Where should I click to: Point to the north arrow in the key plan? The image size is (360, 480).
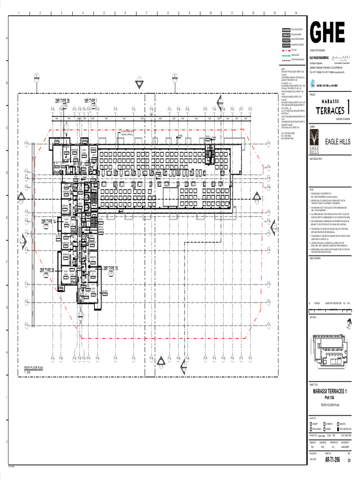pyautogui.click(x=348, y=322)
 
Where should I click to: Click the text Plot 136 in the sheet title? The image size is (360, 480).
pyautogui.click(x=330, y=397)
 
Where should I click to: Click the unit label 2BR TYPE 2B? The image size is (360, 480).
pyautogui.click(x=62, y=101)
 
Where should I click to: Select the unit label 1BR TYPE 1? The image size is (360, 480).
pyautogui.click(x=90, y=101)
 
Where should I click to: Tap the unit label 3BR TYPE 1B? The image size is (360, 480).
pyautogui.click(x=110, y=268)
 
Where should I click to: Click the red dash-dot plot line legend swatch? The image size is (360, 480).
pyautogui.click(x=285, y=49)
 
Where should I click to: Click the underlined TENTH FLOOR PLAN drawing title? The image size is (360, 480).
pyautogui.click(x=33, y=368)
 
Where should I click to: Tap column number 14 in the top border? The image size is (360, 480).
pyautogui.click(x=296, y=13)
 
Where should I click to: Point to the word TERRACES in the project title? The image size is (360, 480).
pyautogui.click(x=330, y=111)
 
